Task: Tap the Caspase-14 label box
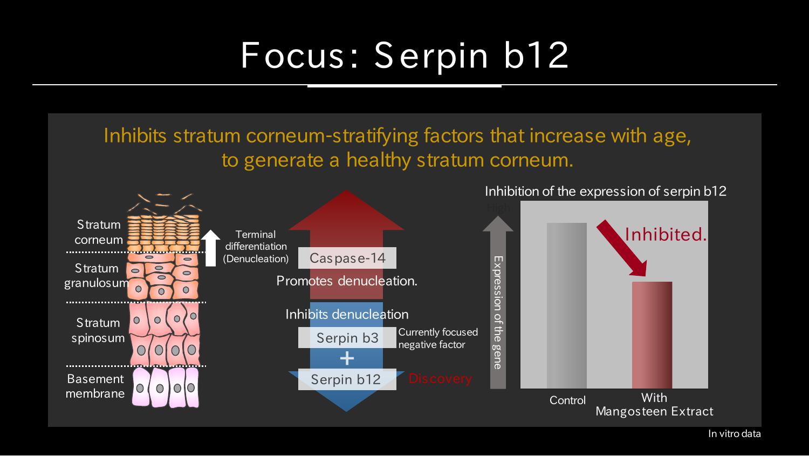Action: coord(347,258)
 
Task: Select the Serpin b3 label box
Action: coord(347,338)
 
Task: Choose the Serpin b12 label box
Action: coord(347,379)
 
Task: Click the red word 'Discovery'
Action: coord(440,379)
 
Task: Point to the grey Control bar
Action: coord(567,305)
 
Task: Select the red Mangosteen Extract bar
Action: coord(652,335)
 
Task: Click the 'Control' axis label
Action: coord(567,400)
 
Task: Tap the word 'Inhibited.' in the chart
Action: coord(666,235)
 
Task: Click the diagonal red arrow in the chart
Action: coord(622,248)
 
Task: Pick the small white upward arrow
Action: coord(210,248)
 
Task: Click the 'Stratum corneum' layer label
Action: coord(99,232)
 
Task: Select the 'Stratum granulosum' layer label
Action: coord(97,276)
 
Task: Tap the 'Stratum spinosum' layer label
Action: coord(98,330)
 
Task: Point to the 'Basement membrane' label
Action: coord(95,386)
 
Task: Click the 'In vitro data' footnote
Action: coord(734,433)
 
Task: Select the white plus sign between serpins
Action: coord(347,358)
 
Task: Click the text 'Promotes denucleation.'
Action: coord(347,281)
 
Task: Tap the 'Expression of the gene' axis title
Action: coord(498,312)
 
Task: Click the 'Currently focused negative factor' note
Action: coord(438,338)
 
